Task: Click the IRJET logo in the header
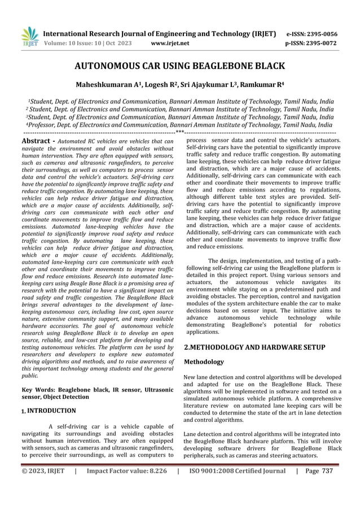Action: point(29,37)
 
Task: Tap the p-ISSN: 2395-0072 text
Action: point(313,42)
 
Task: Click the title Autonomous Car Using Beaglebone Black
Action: point(179,67)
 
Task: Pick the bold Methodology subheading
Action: point(204,361)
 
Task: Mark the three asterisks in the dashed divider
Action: point(179,132)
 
